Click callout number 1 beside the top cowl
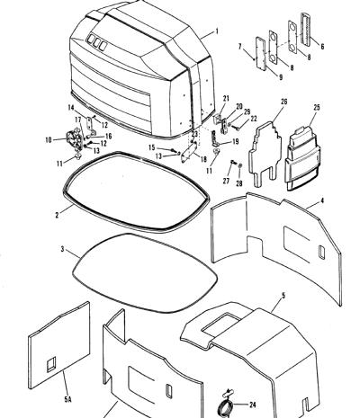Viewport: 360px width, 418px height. (x=217, y=31)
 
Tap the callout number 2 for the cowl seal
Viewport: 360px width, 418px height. (x=57, y=215)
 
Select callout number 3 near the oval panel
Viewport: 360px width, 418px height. (x=62, y=249)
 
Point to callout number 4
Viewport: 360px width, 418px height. (x=322, y=200)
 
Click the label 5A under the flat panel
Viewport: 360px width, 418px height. (x=68, y=399)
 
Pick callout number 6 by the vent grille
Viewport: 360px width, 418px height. (x=322, y=47)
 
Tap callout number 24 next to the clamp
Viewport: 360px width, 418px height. (x=253, y=405)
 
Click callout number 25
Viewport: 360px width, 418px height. (x=317, y=107)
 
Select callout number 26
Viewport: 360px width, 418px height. (x=283, y=102)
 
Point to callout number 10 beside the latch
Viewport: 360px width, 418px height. (x=49, y=139)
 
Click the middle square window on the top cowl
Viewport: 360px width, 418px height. (x=96, y=42)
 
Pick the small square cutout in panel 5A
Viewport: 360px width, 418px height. (x=51, y=364)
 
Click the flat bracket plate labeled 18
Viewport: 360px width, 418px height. (x=189, y=152)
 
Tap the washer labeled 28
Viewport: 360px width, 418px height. (x=240, y=165)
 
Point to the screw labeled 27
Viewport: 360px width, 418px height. (x=232, y=163)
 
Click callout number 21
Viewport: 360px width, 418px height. (x=226, y=98)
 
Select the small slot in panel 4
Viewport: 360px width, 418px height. (x=321, y=253)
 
